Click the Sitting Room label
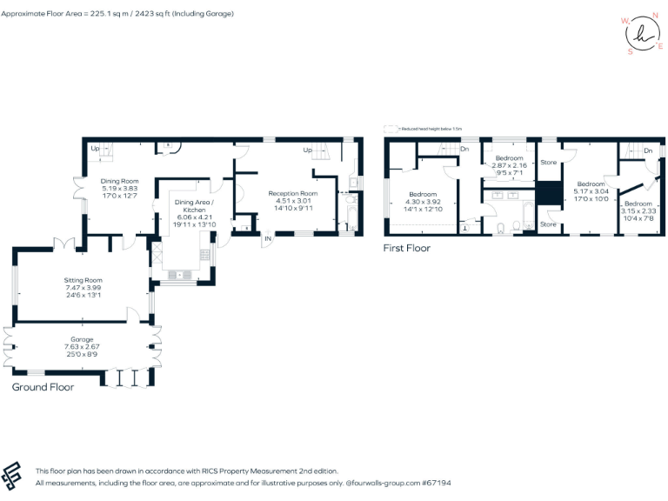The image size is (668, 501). click(83, 281)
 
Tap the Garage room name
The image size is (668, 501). click(83, 339)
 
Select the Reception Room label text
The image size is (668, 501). click(292, 193)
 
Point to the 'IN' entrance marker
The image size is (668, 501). click(269, 237)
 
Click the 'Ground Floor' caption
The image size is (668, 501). click(43, 387)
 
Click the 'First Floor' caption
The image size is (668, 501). click(407, 248)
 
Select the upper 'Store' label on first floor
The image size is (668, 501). click(548, 163)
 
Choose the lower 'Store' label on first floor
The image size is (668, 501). click(548, 224)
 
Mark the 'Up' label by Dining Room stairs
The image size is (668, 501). click(93, 149)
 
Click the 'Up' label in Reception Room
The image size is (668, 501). click(307, 150)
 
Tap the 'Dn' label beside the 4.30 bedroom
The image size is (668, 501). click(464, 149)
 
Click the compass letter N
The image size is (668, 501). click(654, 16)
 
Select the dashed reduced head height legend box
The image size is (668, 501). click(389, 128)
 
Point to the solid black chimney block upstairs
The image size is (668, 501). click(548, 193)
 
